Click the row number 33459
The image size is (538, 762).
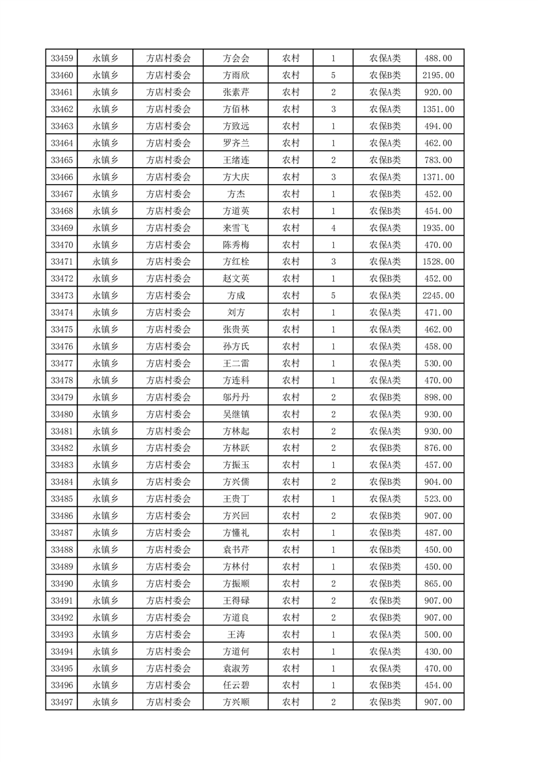[x=62, y=58]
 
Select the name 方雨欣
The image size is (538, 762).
[x=236, y=75]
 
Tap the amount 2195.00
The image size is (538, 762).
[x=438, y=75]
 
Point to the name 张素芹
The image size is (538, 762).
[x=236, y=92]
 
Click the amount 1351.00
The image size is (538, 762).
[x=438, y=109]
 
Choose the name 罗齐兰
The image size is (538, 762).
[x=236, y=143]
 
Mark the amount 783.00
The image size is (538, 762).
[x=438, y=160]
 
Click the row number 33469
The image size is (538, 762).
[x=62, y=228]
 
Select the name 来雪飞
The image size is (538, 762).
[x=236, y=228]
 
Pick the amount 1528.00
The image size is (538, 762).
[x=438, y=261]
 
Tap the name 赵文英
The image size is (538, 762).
[x=236, y=278]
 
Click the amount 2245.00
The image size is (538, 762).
[x=438, y=295]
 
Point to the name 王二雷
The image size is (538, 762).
[x=236, y=363]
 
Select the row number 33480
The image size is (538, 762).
[x=62, y=414]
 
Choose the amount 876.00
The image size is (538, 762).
[x=438, y=448]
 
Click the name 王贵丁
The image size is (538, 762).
[x=236, y=499]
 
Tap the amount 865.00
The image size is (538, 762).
[x=438, y=584]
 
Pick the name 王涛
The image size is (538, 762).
[x=236, y=634]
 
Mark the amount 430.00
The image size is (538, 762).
[x=438, y=651]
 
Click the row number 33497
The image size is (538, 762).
[x=62, y=702]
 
